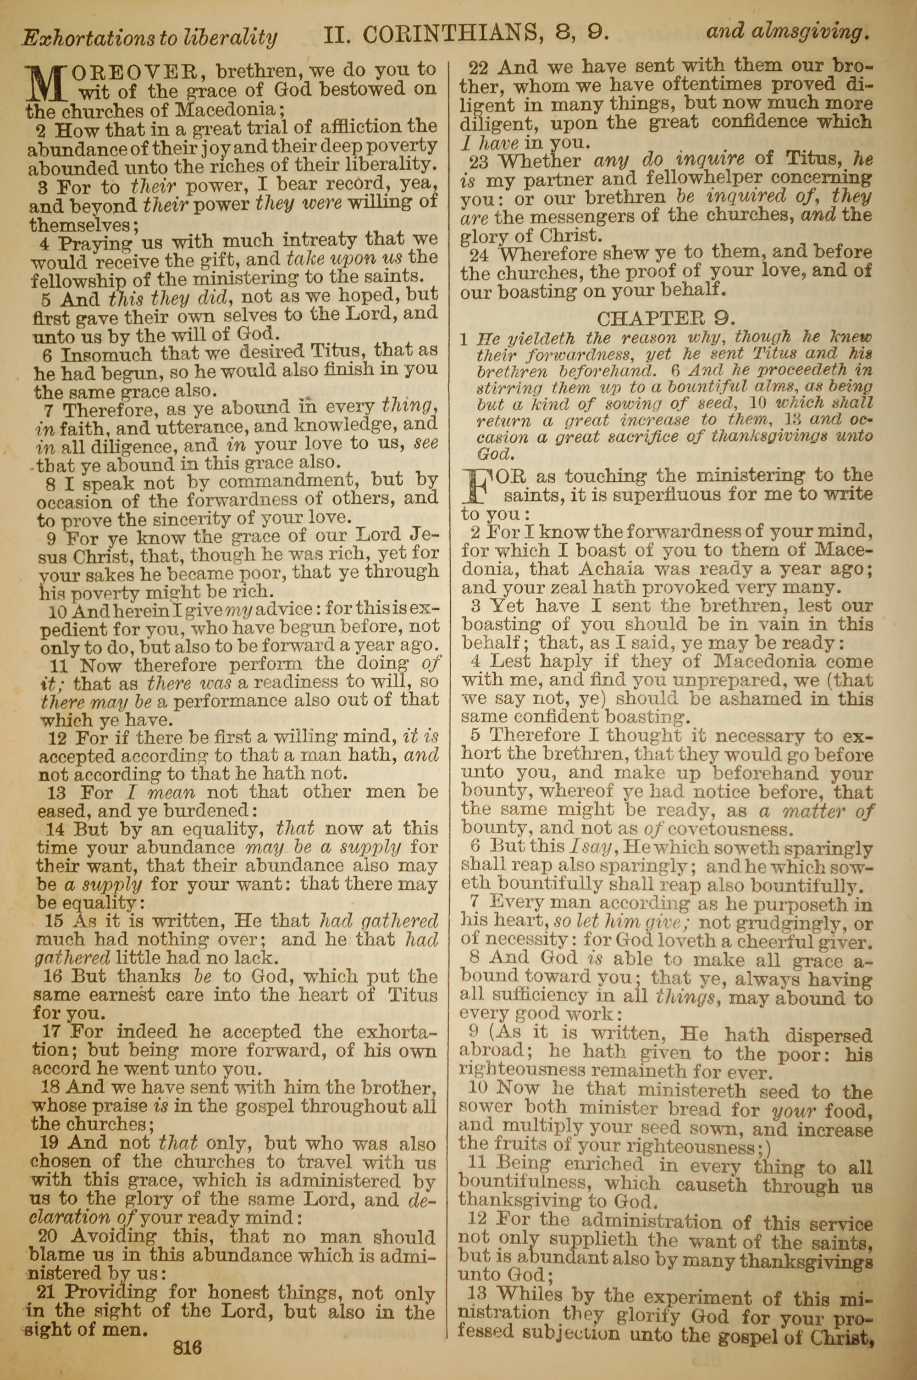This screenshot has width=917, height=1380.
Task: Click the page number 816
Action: (x=187, y=1331)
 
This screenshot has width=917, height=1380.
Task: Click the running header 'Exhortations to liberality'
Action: (x=149, y=38)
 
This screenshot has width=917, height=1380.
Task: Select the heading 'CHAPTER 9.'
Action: (x=666, y=318)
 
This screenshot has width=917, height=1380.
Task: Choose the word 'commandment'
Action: (x=277, y=481)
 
